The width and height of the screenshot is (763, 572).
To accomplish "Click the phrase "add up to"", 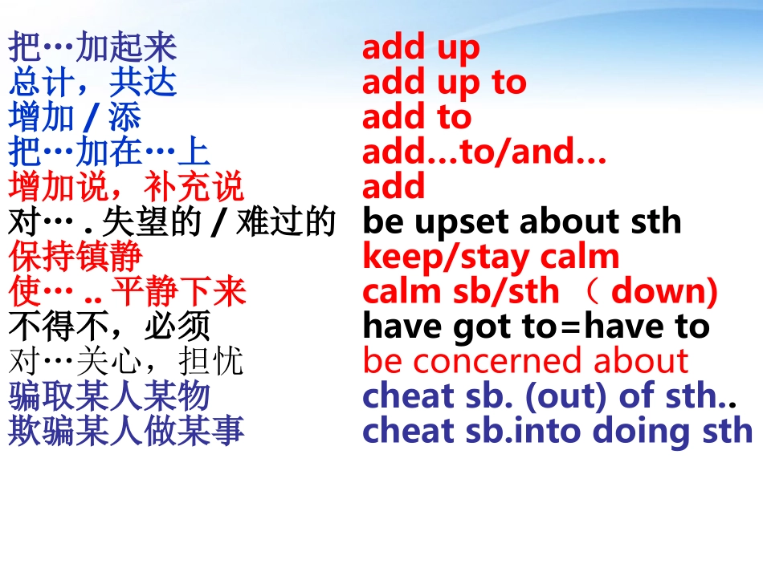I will [444, 83].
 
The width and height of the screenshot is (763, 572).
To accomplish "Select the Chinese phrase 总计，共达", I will [92, 83].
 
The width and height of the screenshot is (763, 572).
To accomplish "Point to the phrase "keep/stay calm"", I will [491, 258].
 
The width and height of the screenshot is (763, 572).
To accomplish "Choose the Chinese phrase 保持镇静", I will [75, 258].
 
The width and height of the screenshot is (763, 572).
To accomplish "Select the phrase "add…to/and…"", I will [484, 152].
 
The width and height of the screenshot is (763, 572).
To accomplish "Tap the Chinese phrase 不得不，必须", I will [109, 327].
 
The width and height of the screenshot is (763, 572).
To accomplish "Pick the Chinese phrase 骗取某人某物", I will [109, 396].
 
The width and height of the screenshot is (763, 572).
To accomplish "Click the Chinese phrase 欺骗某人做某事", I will [126, 432].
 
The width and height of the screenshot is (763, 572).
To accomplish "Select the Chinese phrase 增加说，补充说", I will [126, 188].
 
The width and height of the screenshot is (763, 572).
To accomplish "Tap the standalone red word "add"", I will [394, 187].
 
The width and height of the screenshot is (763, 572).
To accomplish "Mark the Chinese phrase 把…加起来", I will [92, 48].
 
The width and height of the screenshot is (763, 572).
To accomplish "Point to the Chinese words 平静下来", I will [179, 292].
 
